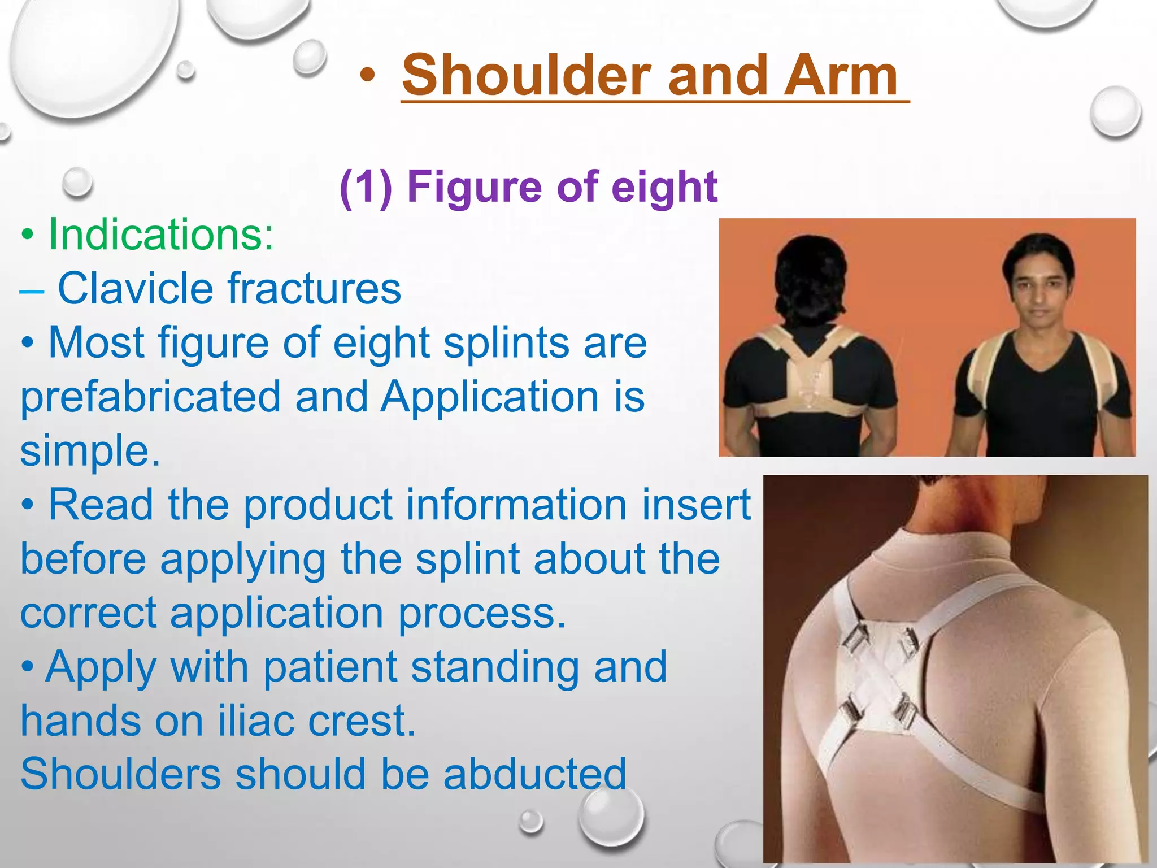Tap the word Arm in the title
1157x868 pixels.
point(840,76)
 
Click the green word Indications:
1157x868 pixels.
point(161,235)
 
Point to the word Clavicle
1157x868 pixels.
point(134,288)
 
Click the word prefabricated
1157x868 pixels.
point(150,397)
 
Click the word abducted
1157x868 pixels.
point(534,774)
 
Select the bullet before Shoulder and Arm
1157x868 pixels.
point(367,76)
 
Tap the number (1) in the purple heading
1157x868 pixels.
point(366,188)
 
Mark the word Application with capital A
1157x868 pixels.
point(489,397)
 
